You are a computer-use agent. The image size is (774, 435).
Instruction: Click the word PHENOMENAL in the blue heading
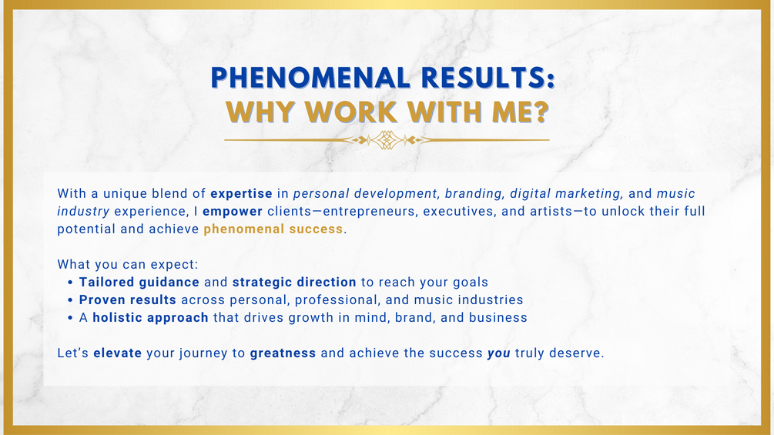click(x=310, y=78)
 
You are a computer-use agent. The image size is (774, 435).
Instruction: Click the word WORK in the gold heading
click(x=351, y=112)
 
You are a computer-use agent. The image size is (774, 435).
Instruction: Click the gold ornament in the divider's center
click(x=387, y=140)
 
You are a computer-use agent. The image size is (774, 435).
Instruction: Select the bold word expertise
click(x=241, y=194)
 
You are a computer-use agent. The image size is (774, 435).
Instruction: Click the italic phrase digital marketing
click(x=565, y=194)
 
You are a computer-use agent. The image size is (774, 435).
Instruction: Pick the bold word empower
click(x=233, y=212)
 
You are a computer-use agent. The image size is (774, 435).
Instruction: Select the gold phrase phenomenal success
click(x=273, y=229)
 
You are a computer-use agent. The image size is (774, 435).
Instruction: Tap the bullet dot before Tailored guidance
click(x=70, y=283)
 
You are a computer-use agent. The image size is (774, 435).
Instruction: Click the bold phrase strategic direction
click(x=294, y=282)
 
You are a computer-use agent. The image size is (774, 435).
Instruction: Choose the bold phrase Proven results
click(x=128, y=299)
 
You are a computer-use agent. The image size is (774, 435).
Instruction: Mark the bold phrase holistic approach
click(x=150, y=318)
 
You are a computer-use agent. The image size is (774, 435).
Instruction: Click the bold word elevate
click(x=118, y=353)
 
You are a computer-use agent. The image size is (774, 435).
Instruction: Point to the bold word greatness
click(x=283, y=353)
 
